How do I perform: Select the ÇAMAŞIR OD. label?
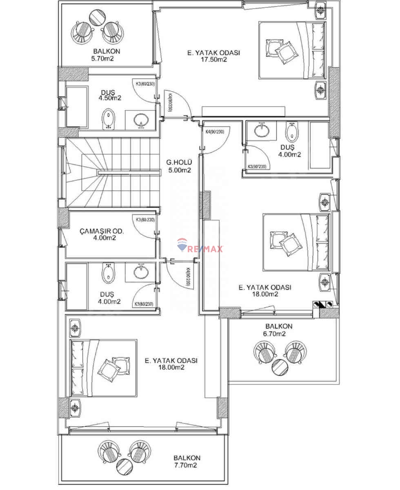(x=102, y=231)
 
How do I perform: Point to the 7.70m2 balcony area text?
(x=187, y=465)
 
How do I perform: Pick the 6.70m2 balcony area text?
(x=279, y=334)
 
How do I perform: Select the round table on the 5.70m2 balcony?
(x=97, y=17)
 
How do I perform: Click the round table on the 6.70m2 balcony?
(x=280, y=367)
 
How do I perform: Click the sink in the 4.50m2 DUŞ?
(x=141, y=120)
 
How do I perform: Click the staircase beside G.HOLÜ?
(x=112, y=172)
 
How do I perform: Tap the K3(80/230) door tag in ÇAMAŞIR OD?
(x=144, y=220)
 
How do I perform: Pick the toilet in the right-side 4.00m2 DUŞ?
(x=292, y=131)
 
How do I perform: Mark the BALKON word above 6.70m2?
(x=279, y=327)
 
